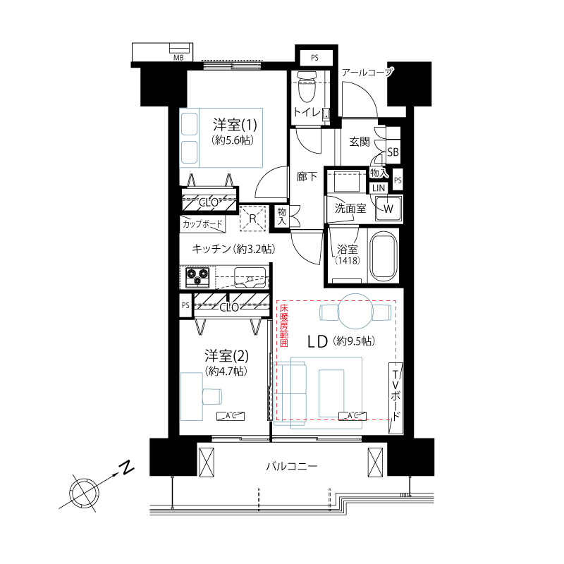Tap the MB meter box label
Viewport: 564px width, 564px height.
tap(178, 58)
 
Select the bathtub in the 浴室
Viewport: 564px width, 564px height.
tap(384, 256)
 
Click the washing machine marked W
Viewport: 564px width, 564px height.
tap(388, 209)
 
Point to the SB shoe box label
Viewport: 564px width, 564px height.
tap(393, 152)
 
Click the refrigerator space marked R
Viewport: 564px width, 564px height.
tap(253, 218)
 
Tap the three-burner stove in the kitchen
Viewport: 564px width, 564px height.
tap(197, 277)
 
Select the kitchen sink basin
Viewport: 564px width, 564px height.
tap(250, 278)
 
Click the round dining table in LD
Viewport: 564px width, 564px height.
tap(355, 312)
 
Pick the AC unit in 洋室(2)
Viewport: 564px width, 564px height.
tap(231, 416)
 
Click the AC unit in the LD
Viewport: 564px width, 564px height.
tap(352, 416)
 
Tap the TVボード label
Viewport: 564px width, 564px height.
tap(396, 396)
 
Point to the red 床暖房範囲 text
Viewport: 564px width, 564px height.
tap(284, 326)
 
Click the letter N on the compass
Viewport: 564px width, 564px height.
tap(126, 468)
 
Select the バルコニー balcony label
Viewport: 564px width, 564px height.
tap(292, 467)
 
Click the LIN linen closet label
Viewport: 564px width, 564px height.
tap(379, 188)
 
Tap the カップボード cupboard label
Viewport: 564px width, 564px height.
tap(202, 224)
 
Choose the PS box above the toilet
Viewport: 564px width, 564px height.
tap(314, 58)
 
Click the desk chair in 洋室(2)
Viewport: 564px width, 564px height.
tap(212, 396)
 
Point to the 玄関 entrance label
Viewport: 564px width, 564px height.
tap(360, 142)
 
